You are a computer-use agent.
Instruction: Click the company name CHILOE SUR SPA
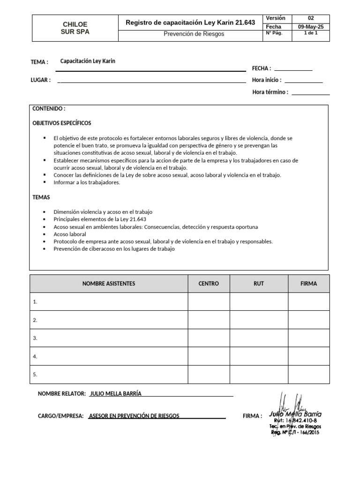pos(75,28)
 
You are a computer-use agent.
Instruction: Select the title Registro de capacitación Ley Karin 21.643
pos(190,22)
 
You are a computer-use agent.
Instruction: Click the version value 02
pos(311,18)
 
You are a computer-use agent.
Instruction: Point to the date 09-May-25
pos(311,27)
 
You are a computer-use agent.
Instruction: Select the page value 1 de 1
pos(311,33)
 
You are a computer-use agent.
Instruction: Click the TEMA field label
pos(39,62)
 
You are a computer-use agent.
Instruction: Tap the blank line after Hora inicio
pos(303,80)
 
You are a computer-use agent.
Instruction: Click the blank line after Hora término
pos(310,92)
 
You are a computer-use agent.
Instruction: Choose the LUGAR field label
pos(41,80)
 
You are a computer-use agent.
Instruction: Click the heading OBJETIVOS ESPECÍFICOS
pos(62,123)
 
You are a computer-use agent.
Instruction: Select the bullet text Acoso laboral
pos(70,234)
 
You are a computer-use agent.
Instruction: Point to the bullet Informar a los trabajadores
pos(87,182)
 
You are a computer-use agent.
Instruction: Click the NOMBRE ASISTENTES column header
pos(109,284)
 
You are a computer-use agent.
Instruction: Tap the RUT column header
pos(259,284)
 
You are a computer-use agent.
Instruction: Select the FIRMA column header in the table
pos(308,284)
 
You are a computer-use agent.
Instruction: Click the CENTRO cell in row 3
pos(209,338)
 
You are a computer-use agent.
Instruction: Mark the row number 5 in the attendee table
pos(35,375)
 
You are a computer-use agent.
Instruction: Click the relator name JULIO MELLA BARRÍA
pos(115,394)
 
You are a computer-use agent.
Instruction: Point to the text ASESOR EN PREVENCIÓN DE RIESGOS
pos(134,416)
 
